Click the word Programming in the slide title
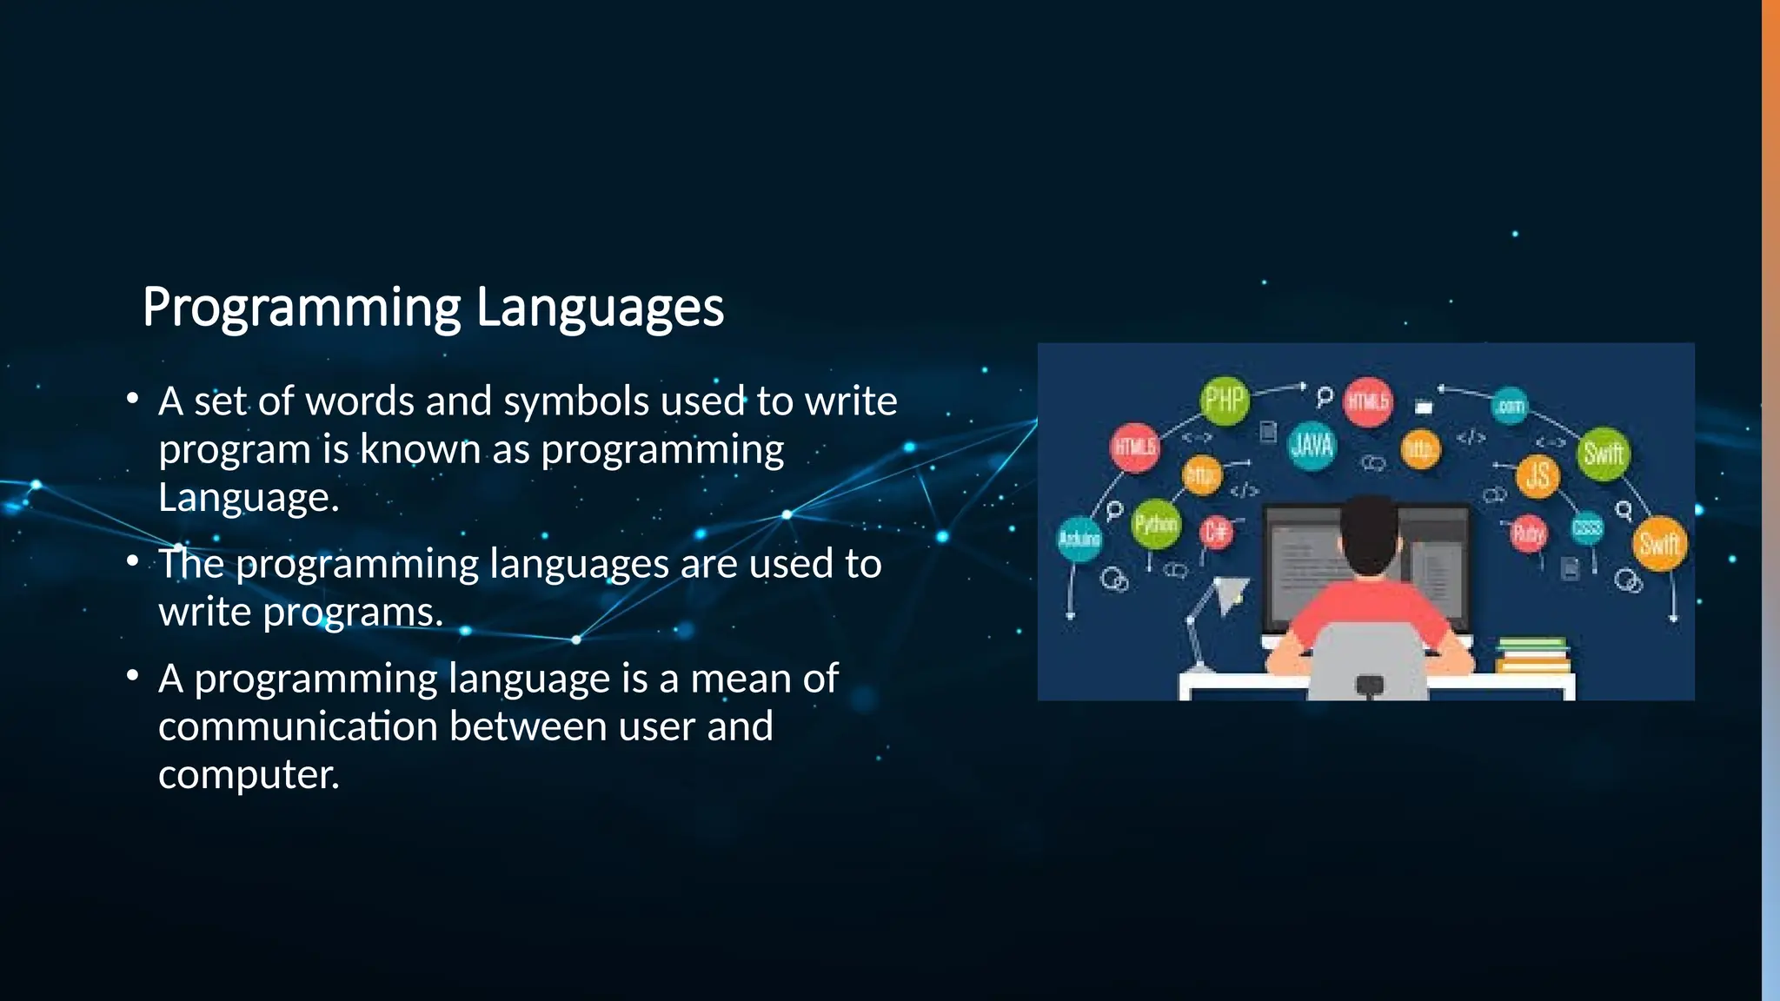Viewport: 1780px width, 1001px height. click(302, 308)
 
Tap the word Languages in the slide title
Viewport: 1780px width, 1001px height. click(600, 308)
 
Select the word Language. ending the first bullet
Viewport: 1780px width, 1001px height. click(249, 498)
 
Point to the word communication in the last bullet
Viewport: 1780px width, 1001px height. click(296, 726)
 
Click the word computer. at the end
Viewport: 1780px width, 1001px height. click(249, 774)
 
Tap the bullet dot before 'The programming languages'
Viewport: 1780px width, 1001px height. click(132, 561)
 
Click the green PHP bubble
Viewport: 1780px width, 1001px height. click(1224, 400)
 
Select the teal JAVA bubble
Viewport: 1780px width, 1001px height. click(1312, 445)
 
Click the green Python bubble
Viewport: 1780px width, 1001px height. click(1156, 524)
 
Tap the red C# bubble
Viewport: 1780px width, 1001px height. click(1216, 531)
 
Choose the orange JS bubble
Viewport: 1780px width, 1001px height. click(1538, 475)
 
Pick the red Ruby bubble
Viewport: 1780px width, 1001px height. click(1528, 532)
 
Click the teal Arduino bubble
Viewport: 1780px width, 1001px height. click(1079, 539)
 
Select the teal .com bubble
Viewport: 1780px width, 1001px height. click(1510, 406)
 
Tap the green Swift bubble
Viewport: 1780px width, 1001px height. click(1603, 453)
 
